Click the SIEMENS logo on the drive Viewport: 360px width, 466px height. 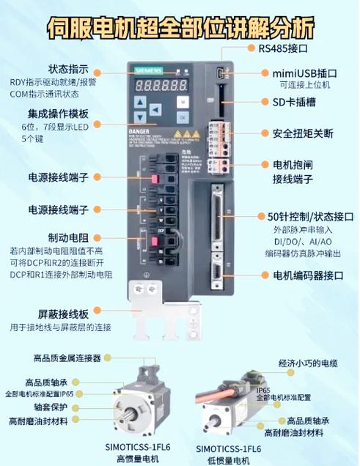(148, 69)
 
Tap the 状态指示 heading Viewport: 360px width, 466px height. (69, 67)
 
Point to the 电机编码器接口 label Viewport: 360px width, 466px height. (308, 275)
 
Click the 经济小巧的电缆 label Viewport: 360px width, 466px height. (308, 363)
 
